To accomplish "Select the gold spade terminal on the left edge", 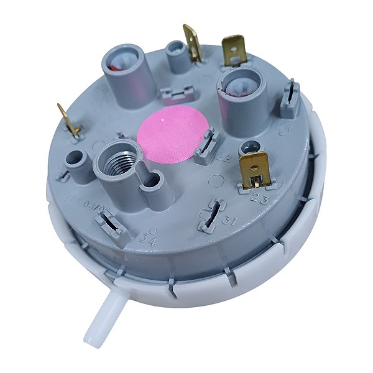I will (70, 121).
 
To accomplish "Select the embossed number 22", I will (224, 159).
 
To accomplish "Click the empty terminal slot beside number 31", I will (211, 213).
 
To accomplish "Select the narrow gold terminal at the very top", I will (191, 42).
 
